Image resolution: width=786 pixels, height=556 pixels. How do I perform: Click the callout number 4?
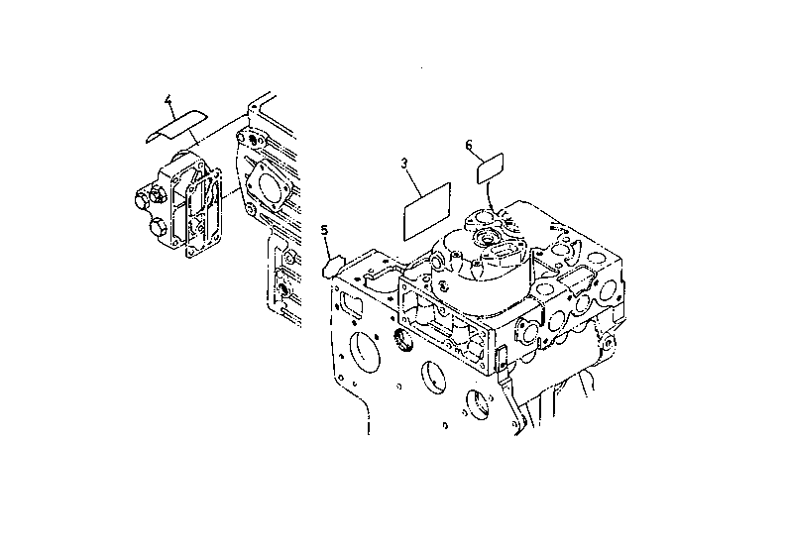168,101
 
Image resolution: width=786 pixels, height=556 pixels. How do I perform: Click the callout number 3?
404,164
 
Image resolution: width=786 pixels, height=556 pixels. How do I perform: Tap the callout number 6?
469,146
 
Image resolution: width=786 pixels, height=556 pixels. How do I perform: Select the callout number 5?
325,230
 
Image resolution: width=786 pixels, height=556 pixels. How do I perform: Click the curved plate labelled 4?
176,125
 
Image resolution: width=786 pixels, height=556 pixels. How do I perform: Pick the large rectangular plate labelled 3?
427,211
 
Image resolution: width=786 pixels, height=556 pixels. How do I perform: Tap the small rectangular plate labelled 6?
490,168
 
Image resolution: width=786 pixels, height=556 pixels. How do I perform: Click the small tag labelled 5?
331,267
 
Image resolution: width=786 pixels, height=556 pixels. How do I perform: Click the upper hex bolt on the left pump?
145,199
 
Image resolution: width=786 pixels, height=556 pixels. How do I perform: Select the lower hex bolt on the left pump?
159,229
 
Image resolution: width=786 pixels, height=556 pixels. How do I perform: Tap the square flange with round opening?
270,185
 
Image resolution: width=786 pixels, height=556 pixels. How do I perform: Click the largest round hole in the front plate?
365,352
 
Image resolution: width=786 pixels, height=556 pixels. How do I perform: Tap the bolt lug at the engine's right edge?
608,344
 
